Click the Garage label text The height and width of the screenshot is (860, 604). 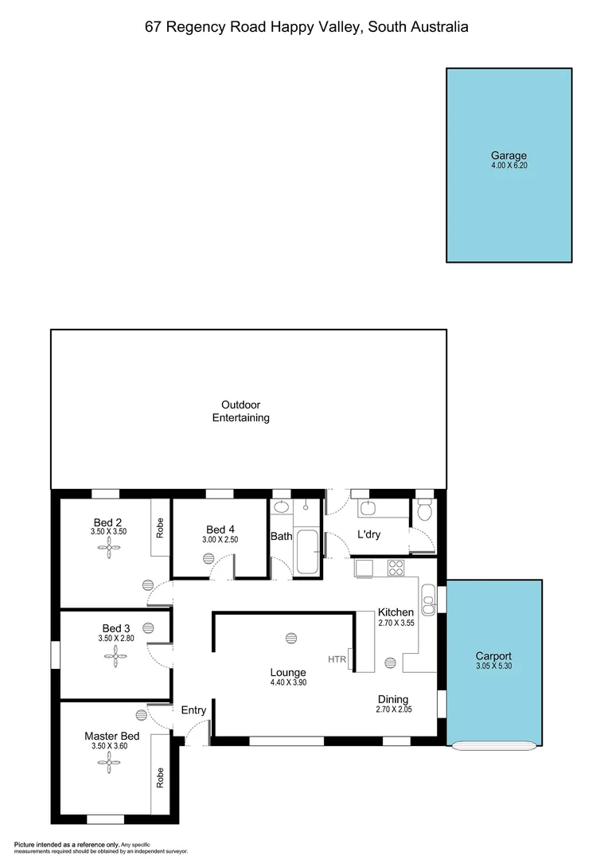(x=509, y=156)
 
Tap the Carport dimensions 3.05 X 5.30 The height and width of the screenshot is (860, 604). (x=493, y=666)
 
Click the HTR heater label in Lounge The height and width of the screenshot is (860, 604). (x=337, y=659)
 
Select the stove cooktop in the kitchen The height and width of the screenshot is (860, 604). (x=395, y=568)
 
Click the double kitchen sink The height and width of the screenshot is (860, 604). (x=428, y=599)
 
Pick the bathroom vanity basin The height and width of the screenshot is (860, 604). (x=281, y=507)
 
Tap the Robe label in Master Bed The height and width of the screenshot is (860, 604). (x=160, y=777)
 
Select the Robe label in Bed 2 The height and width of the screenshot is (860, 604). (x=160, y=529)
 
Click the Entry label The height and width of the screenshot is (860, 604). (x=193, y=710)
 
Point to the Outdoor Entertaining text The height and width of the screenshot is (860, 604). (x=240, y=411)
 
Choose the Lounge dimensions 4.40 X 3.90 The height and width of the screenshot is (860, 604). (x=287, y=683)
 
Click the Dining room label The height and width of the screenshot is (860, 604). (x=393, y=698)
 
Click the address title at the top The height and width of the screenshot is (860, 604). (x=306, y=27)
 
